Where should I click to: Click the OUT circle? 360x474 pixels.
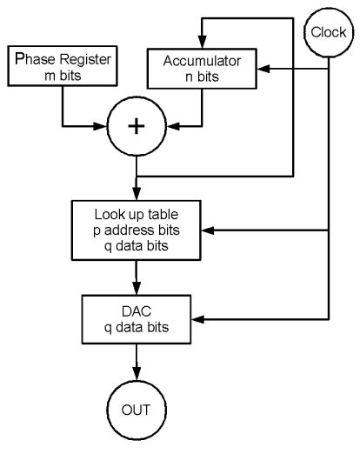coord(136,409)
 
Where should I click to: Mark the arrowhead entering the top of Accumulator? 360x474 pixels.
coord(201,43)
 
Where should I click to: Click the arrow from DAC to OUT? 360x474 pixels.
coord(136,370)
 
